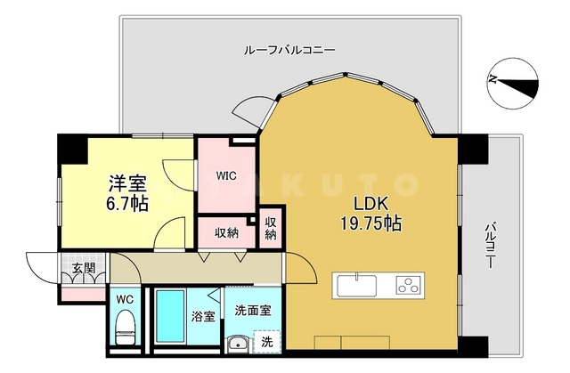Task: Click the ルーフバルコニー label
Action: (x=289, y=51)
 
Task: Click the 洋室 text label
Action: (x=128, y=182)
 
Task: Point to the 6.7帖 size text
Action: (x=126, y=203)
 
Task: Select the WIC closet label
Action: (x=226, y=175)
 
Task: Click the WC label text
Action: (x=125, y=299)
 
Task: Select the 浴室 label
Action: (x=203, y=315)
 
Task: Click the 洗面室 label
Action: (x=253, y=311)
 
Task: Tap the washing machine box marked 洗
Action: (x=266, y=340)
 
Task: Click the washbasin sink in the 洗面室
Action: (x=236, y=345)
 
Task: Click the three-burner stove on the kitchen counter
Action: (x=409, y=287)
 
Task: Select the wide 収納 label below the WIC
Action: (x=226, y=233)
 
